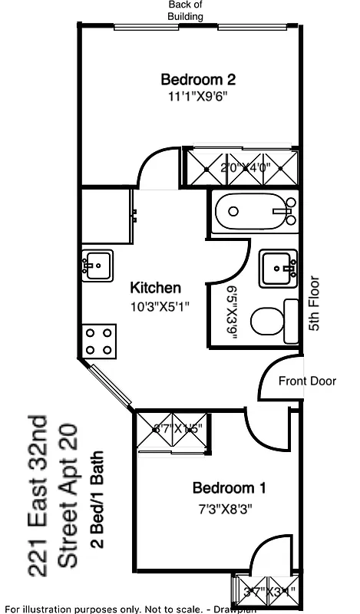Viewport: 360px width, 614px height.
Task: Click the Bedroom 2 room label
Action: [x=197, y=79]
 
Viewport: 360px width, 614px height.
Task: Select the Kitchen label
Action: [x=155, y=288]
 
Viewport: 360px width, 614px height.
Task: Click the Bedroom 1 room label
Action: [x=229, y=487]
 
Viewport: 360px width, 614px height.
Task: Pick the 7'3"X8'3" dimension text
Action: [x=226, y=507]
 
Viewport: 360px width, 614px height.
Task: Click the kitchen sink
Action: [x=97, y=266]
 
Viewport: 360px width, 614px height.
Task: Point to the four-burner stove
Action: [x=100, y=341]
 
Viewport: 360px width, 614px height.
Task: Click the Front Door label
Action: [x=307, y=381]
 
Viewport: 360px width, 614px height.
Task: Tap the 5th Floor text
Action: [x=314, y=304]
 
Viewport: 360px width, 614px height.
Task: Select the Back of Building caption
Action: [x=186, y=11]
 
